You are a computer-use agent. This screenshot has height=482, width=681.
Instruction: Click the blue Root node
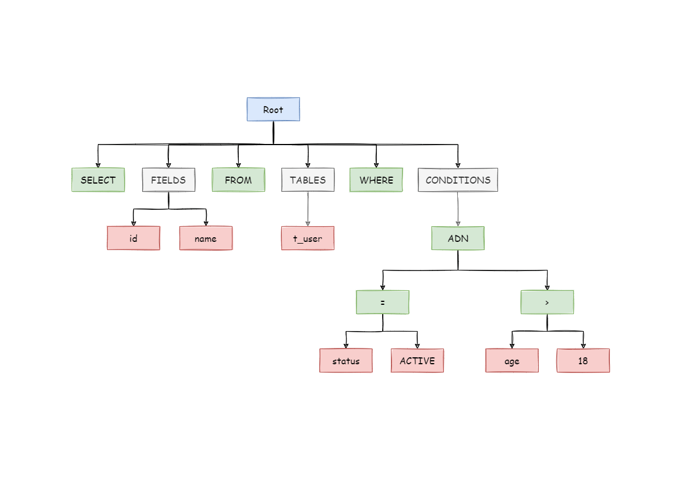pyautogui.click(x=273, y=110)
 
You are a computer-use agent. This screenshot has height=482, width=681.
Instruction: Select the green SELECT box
pyautogui.click(x=98, y=180)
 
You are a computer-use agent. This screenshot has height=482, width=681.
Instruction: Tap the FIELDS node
pyautogui.click(x=168, y=180)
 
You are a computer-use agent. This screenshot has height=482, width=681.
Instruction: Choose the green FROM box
pyautogui.click(x=238, y=180)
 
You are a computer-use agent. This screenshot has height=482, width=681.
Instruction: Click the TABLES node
pyautogui.click(x=308, y=180)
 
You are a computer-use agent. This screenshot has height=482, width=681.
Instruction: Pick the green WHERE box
pyautogui.click(x=376, y=180)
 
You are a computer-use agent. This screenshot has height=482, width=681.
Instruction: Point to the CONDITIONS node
pyautogui.click(x=458, y=180)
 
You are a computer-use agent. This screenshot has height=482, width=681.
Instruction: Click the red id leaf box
pyautogui.click(x=133, y=238)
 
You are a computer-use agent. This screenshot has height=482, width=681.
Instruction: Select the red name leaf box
pyautogui.click(x=206, y=238)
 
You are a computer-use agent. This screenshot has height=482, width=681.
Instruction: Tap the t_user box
pyautogui.click(x=308, y=238)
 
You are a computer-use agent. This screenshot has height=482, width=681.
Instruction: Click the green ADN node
pyautogui.click(x=458, y=238)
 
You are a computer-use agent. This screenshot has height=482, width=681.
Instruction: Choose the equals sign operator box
pyautogui.click(x=383, y=302)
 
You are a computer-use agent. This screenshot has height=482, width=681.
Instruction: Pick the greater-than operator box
pyautogui.click(x=547, y=302)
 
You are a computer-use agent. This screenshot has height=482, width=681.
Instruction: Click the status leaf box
pyautogui.click(x=346, y=361)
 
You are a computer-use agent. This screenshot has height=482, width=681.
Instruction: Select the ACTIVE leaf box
pyautogui.click(x=417, y=361)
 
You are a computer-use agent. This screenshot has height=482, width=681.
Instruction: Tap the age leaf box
pyautogui.click(x=512, y=361)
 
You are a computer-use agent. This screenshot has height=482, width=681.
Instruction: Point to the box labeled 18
pyautogui.click(x=583, y=361)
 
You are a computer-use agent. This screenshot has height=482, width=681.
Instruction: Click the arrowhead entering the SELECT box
pyautogui.click(x=98, y=165)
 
